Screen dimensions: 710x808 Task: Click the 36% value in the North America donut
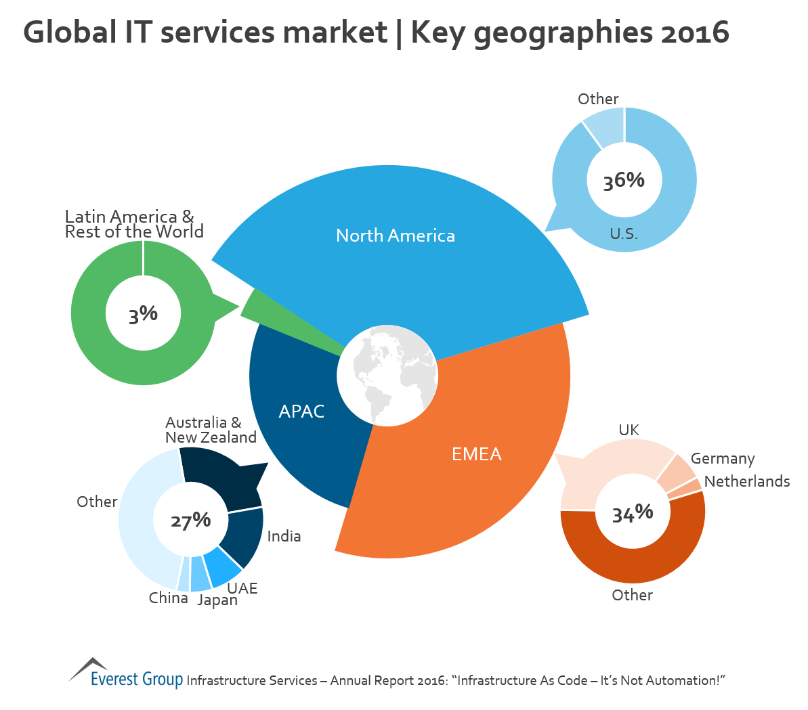click(x=624, y=181)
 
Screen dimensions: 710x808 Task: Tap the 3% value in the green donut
click(x=143, y=314)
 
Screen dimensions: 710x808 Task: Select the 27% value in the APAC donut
click(x=190, y=520)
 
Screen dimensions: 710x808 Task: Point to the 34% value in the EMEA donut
click(x=633, y=514)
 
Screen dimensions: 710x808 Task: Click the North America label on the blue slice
click(x=396, y=236)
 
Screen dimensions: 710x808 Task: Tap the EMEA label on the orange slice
click(x=477, y=454)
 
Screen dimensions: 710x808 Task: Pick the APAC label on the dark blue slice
click(x=301, y=412)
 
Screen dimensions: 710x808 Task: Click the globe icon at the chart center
click(x=387, y=376)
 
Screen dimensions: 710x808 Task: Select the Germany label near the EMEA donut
click(x=722, y=459)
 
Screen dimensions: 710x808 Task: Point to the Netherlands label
click(x=747, y=481)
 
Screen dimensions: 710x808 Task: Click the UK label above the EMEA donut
click(x=629, y=430)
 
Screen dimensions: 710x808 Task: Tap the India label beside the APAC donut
click(x=284, y=537)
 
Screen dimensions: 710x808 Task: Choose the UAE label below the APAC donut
click(x=242, y=588)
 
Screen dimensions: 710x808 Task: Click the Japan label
click(x=217, y=600)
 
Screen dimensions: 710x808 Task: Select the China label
click(x=169, y=598)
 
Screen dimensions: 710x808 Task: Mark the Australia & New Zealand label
click(x=211, y=430)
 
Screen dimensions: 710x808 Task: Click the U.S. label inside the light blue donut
click(x=624, y=234)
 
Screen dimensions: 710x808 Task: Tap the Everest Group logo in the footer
click(x=126, y=673)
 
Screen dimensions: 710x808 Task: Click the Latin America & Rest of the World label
click(x=133, y=224)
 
